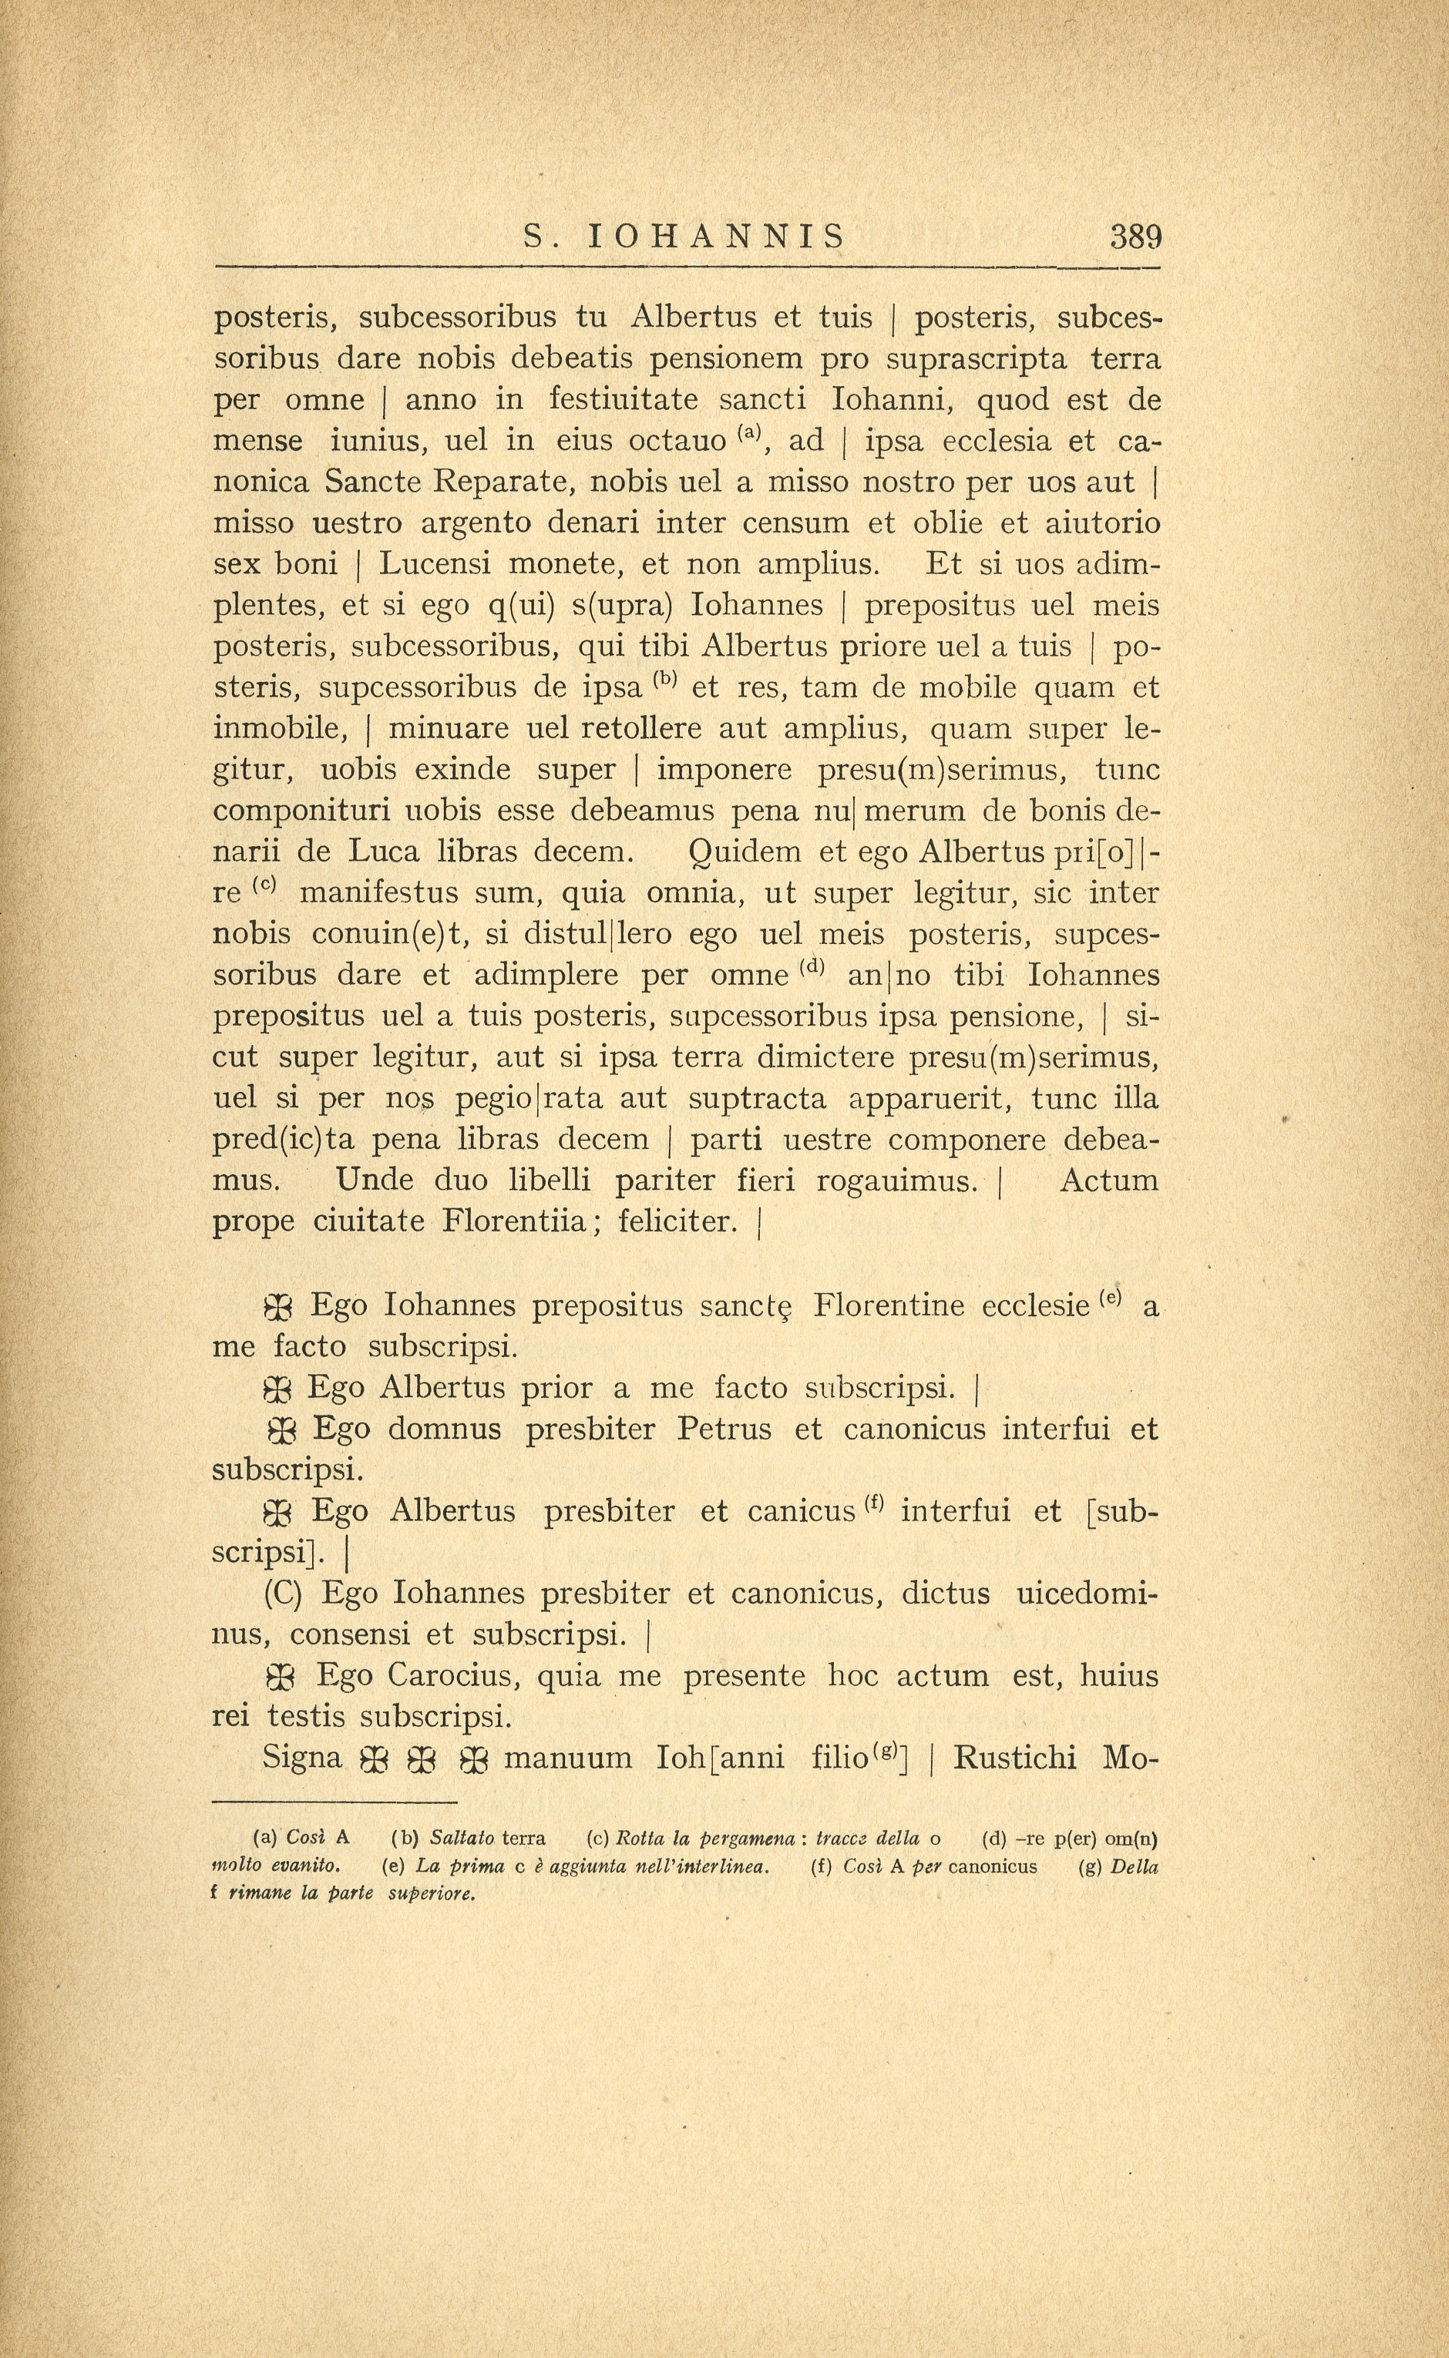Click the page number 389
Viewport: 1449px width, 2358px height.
(x=1135, y=236)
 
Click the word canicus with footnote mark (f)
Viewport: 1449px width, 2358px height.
(x=800, y=1512)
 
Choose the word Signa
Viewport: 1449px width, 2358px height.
(x=302, y=1758)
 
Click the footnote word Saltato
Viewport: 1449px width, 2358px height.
(x=462, y=1839)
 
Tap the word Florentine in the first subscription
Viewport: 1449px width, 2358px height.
(x=889, y=1306)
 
